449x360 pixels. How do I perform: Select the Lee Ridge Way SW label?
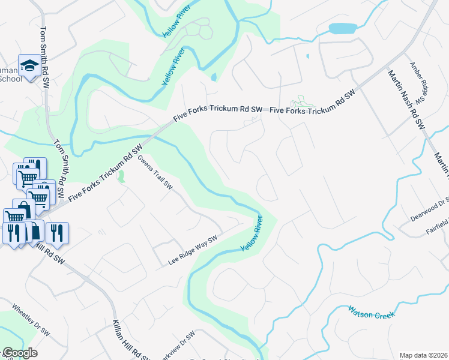192,250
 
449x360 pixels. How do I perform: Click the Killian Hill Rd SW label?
128,336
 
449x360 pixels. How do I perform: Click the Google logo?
20,353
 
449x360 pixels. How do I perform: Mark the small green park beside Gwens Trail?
122,177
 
